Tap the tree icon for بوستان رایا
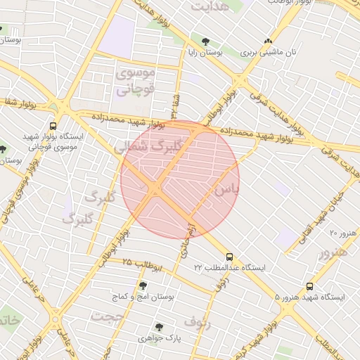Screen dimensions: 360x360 click(205, 41)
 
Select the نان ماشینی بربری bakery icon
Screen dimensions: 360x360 click(268, 41)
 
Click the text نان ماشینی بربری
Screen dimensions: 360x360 click(270, 53)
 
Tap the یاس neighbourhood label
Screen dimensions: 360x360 click(226, 190)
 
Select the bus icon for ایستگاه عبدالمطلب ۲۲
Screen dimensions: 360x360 click(230, 257)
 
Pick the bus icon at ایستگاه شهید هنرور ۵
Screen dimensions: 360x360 click(310, 286)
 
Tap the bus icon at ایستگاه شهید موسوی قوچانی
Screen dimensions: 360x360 click(53, 127)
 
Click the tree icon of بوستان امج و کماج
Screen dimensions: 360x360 click(143, 286)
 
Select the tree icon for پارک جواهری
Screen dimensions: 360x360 click(159, 327)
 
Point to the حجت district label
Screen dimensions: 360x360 click(106, 316)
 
